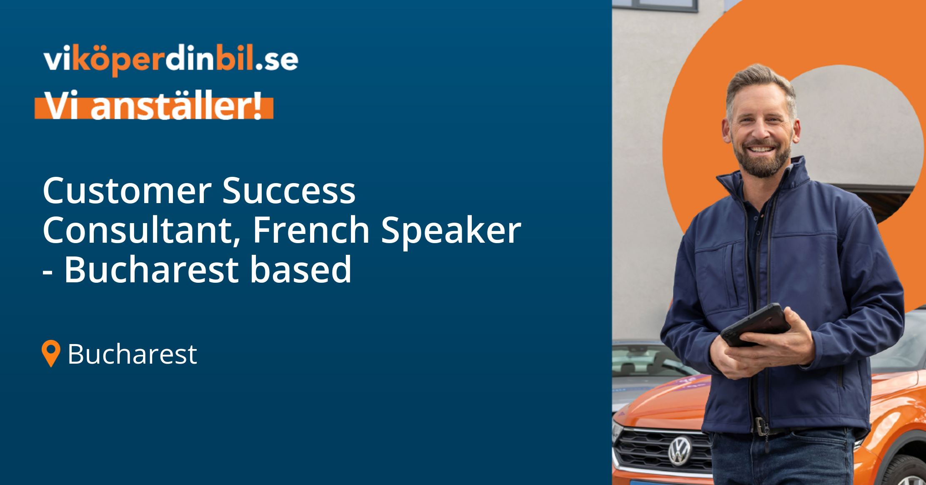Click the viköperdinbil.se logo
171,60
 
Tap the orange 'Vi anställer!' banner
154,107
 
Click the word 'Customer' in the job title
127,191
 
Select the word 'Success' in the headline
288,191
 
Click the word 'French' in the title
311,230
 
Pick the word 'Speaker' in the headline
450,231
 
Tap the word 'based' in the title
300,270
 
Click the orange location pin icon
51,353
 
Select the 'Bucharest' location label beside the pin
132,354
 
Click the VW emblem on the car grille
680,451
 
